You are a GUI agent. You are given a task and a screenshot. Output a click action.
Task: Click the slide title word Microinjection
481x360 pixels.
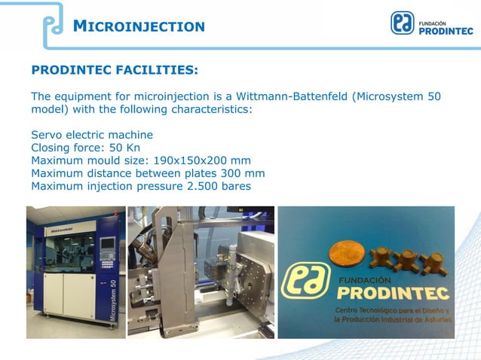pyautogui.click(x=139, y=26)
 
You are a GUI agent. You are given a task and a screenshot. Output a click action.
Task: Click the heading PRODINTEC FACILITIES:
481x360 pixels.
pyautogui.click(x=115, y=70)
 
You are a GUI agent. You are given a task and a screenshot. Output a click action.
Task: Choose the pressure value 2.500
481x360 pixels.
pyautogui.click(x=201, y=186)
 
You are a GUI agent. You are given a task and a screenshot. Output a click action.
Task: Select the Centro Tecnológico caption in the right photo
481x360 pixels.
pyautogui.click(x=393, y=316)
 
